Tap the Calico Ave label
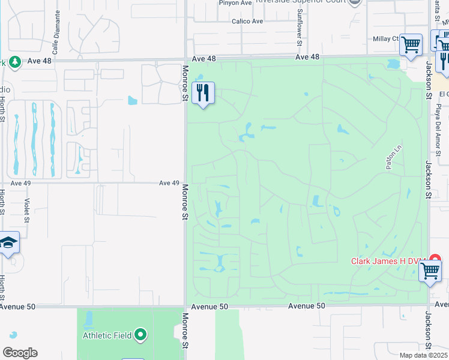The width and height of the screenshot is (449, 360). coord(247,22)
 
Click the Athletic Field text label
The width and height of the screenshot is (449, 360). coord(106,335)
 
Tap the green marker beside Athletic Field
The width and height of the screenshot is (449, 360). coord(141,335)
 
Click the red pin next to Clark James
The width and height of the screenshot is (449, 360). coord(436,260)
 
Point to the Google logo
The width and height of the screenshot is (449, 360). coord(20,353)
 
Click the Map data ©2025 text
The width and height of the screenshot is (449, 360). coord(424,355)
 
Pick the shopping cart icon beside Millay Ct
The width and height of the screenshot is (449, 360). coord(411,44)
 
